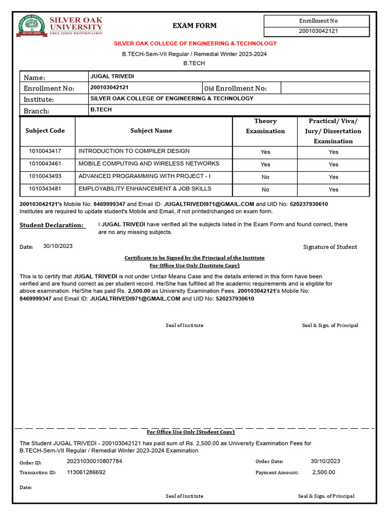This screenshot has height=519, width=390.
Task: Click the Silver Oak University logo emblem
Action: point(31,26)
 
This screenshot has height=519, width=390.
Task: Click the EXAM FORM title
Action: point(194,25)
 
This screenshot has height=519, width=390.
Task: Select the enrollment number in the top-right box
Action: point(318,31)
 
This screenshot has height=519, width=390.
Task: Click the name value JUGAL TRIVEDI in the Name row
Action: point(112,77)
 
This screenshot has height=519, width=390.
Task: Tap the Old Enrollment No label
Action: point(235,88)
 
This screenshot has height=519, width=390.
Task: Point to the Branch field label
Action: point(37,111)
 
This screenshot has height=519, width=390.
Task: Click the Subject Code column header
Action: point(45,131)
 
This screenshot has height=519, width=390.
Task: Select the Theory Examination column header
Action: point(265,126)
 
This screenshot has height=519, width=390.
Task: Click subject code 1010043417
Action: point(45,151)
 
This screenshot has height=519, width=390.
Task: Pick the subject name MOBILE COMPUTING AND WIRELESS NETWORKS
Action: point(149,164)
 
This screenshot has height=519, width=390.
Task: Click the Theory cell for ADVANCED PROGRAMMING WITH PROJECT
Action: point(265,177)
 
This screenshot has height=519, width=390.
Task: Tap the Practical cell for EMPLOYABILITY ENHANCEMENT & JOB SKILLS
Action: point(333,190)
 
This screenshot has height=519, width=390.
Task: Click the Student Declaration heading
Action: point(51,225)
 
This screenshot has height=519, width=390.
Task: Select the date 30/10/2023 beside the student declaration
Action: point(58,246)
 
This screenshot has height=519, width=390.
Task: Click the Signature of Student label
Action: point(330,247)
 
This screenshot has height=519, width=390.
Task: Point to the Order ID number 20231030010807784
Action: point(94,461)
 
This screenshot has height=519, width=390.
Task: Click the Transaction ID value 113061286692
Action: point(86,472)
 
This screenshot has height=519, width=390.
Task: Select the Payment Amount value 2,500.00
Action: point(323,472)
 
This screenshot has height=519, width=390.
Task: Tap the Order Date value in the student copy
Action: point(326,461)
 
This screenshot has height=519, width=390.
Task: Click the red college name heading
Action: point(194,44)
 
